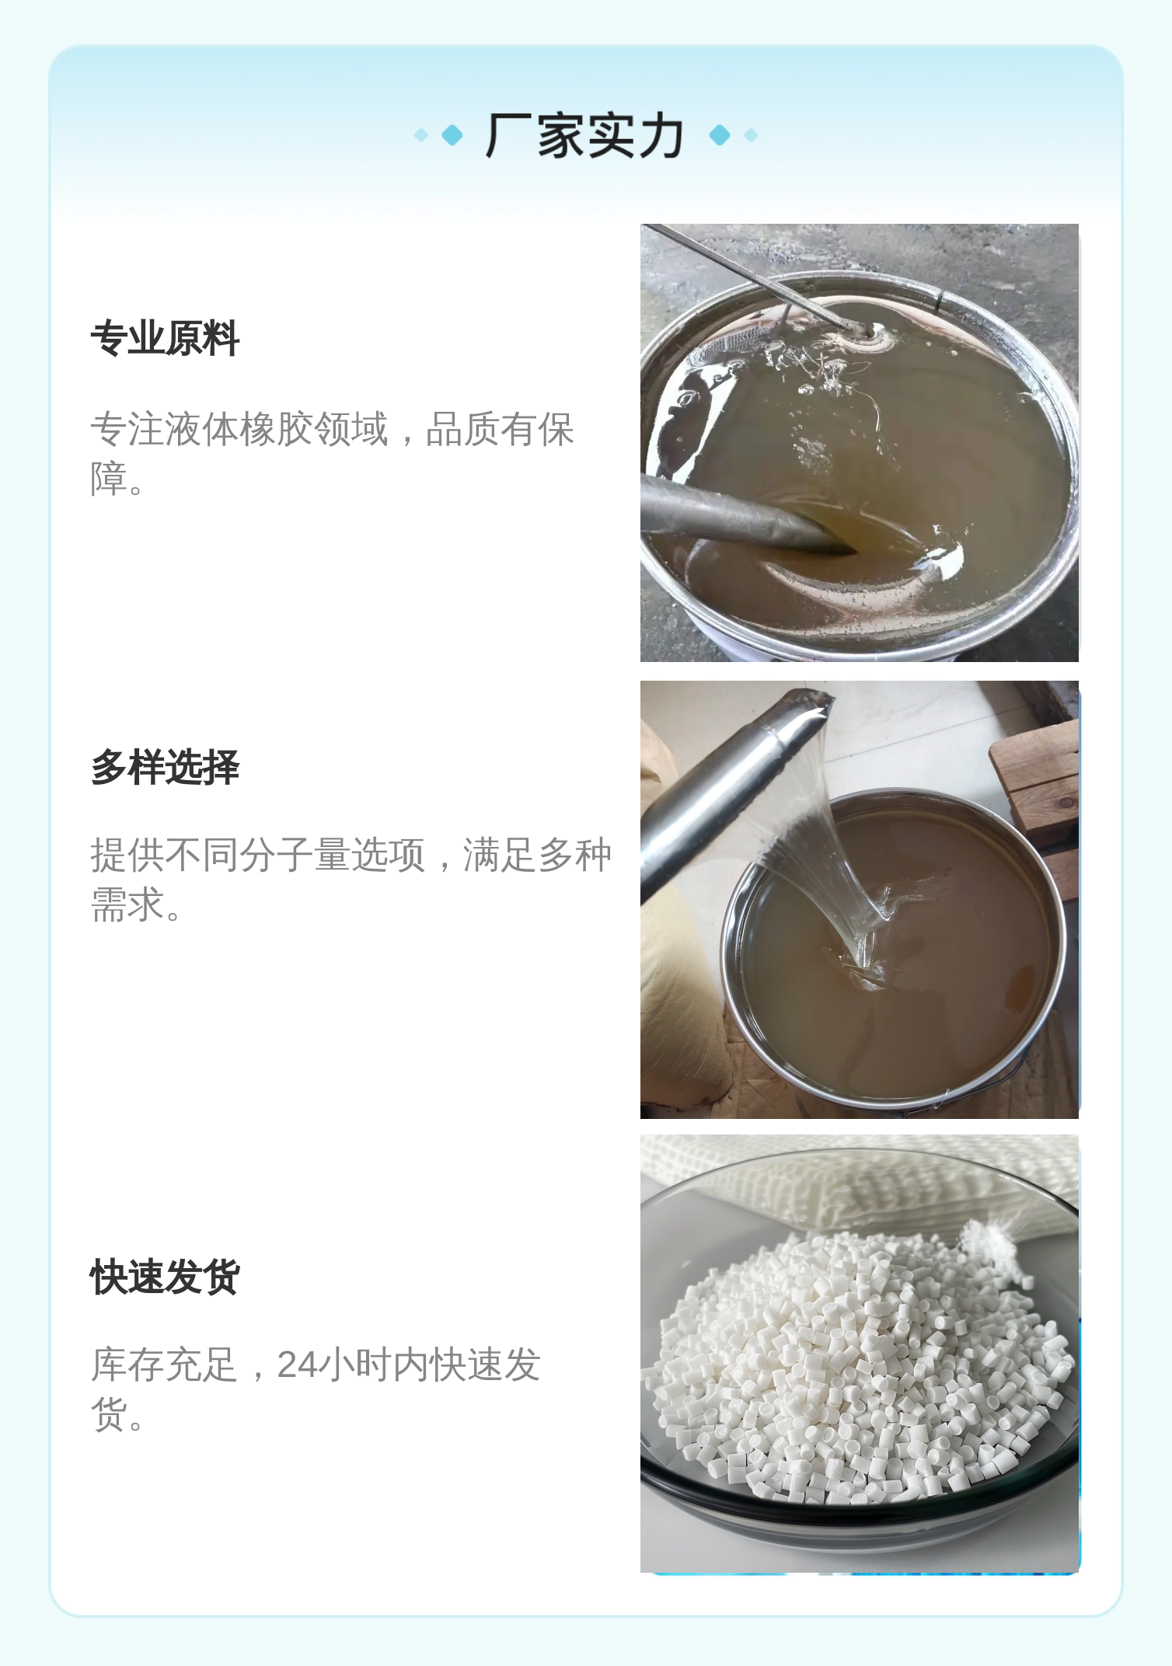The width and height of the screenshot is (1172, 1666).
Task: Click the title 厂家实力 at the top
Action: click(x=584, y=136)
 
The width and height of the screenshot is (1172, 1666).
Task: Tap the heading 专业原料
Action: click(x=165, y=339)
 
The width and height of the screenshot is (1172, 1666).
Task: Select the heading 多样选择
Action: click(x=165, y=768)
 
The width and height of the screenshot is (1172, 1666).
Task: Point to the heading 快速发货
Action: click(x=165, y=1277)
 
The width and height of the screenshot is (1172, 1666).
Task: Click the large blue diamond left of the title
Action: click(x=452, y=135)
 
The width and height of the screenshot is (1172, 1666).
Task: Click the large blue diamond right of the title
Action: click(x=720, y=135)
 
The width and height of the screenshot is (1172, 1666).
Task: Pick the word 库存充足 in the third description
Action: click(x=164, y=1365)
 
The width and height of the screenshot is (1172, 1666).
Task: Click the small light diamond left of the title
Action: click(x=421, y=135)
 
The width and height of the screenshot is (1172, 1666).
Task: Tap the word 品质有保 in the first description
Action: click(x=500, y=429)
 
